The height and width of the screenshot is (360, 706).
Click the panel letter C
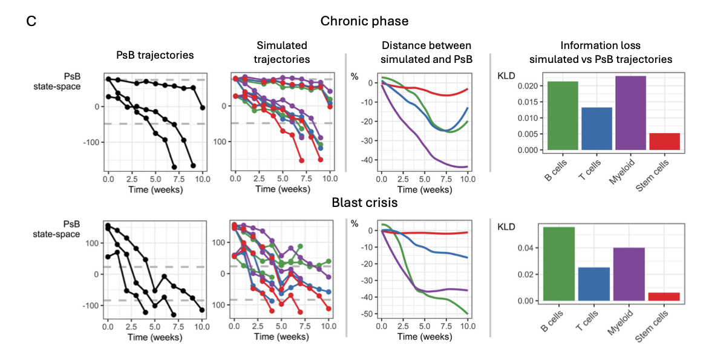(31, 21)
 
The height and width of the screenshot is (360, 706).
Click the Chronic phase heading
(364, 21)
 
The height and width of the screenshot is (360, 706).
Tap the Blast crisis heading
(364, 203)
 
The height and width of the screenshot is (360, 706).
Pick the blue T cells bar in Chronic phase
(597, 129)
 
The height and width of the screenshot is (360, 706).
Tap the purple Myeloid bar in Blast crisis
(629, 275)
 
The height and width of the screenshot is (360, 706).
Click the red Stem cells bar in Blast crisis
(663, 296)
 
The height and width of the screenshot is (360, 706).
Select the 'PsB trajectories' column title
(155, 55)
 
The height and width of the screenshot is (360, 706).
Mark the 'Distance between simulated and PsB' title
(426, 52)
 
